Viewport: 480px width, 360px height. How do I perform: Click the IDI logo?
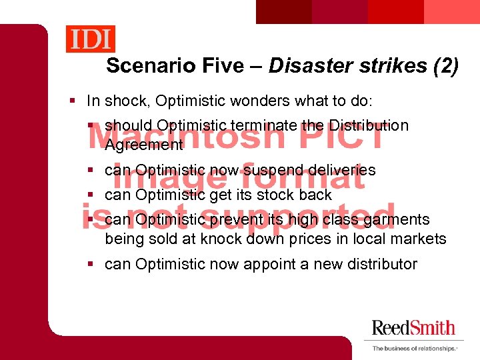tap(91, 39)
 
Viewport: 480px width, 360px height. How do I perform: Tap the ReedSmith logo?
tap(413, 328)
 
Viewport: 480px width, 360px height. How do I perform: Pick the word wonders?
tap(259, 101)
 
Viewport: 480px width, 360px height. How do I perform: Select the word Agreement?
tap(143, 144)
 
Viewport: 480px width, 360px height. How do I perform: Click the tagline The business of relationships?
tap(414, 349)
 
